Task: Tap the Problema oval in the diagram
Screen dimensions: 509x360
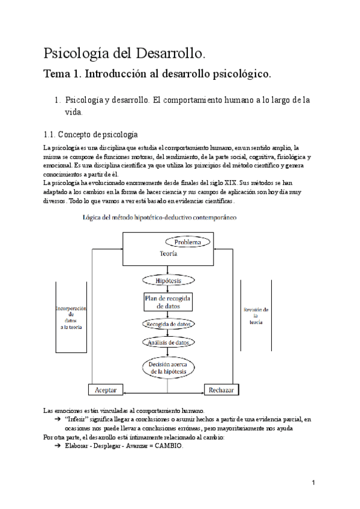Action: tap(188, 242)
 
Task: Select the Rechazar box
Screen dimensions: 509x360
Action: tap(221, 390)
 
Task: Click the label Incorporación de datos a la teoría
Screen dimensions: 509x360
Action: tap(71, 318)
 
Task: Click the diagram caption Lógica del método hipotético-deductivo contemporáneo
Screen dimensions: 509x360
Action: tap(159, 218)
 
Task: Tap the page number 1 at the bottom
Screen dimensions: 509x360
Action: tap(314, 483)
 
